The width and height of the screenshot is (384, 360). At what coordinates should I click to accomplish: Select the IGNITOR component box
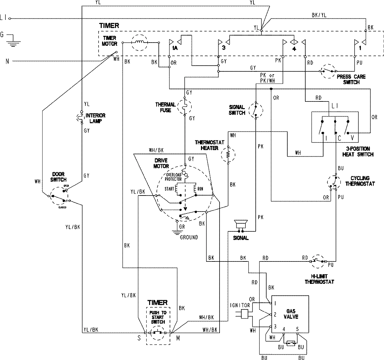click(x=245, y=314)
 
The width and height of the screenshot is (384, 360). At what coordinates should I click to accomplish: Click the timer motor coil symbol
click(x=140, y=42)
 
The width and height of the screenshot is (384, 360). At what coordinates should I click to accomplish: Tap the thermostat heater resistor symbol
click(x=228, y=155)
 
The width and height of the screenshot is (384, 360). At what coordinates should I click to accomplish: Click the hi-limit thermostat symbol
click(x=318, y=261)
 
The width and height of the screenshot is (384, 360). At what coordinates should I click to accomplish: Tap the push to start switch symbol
click(x=158, y=333)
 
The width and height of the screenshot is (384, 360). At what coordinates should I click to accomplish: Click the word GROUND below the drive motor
click(x=189, y=237)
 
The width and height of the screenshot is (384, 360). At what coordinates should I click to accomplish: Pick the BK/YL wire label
click(x=319, y=15)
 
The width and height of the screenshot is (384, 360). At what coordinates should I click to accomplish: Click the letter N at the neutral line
click(x=7, y=61)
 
